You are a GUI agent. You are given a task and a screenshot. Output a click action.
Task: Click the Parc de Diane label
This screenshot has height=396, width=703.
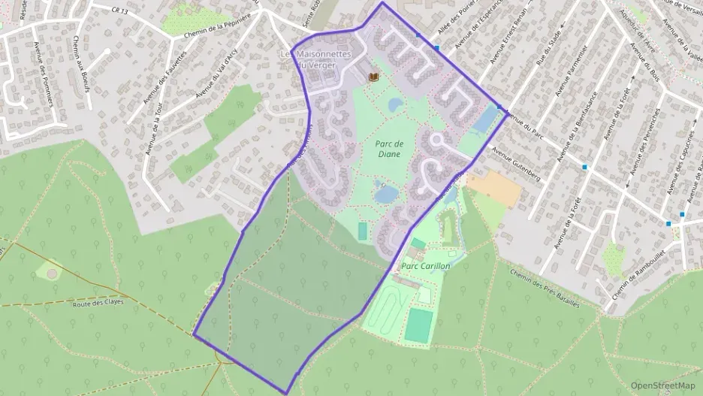coord(389,149)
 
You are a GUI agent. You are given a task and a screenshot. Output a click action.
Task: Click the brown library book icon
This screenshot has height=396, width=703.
coord(373,77)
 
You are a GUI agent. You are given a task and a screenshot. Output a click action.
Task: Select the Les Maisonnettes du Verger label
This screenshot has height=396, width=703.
coord(312,59)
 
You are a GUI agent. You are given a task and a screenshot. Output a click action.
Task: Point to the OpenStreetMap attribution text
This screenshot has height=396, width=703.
coord(662,385)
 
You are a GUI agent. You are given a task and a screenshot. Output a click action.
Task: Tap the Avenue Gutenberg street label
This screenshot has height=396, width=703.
coord(516,162)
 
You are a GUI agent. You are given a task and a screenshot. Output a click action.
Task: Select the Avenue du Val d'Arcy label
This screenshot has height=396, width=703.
coord(216,77)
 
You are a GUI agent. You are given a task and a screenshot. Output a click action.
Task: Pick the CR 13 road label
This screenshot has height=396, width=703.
coord(116,10)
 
